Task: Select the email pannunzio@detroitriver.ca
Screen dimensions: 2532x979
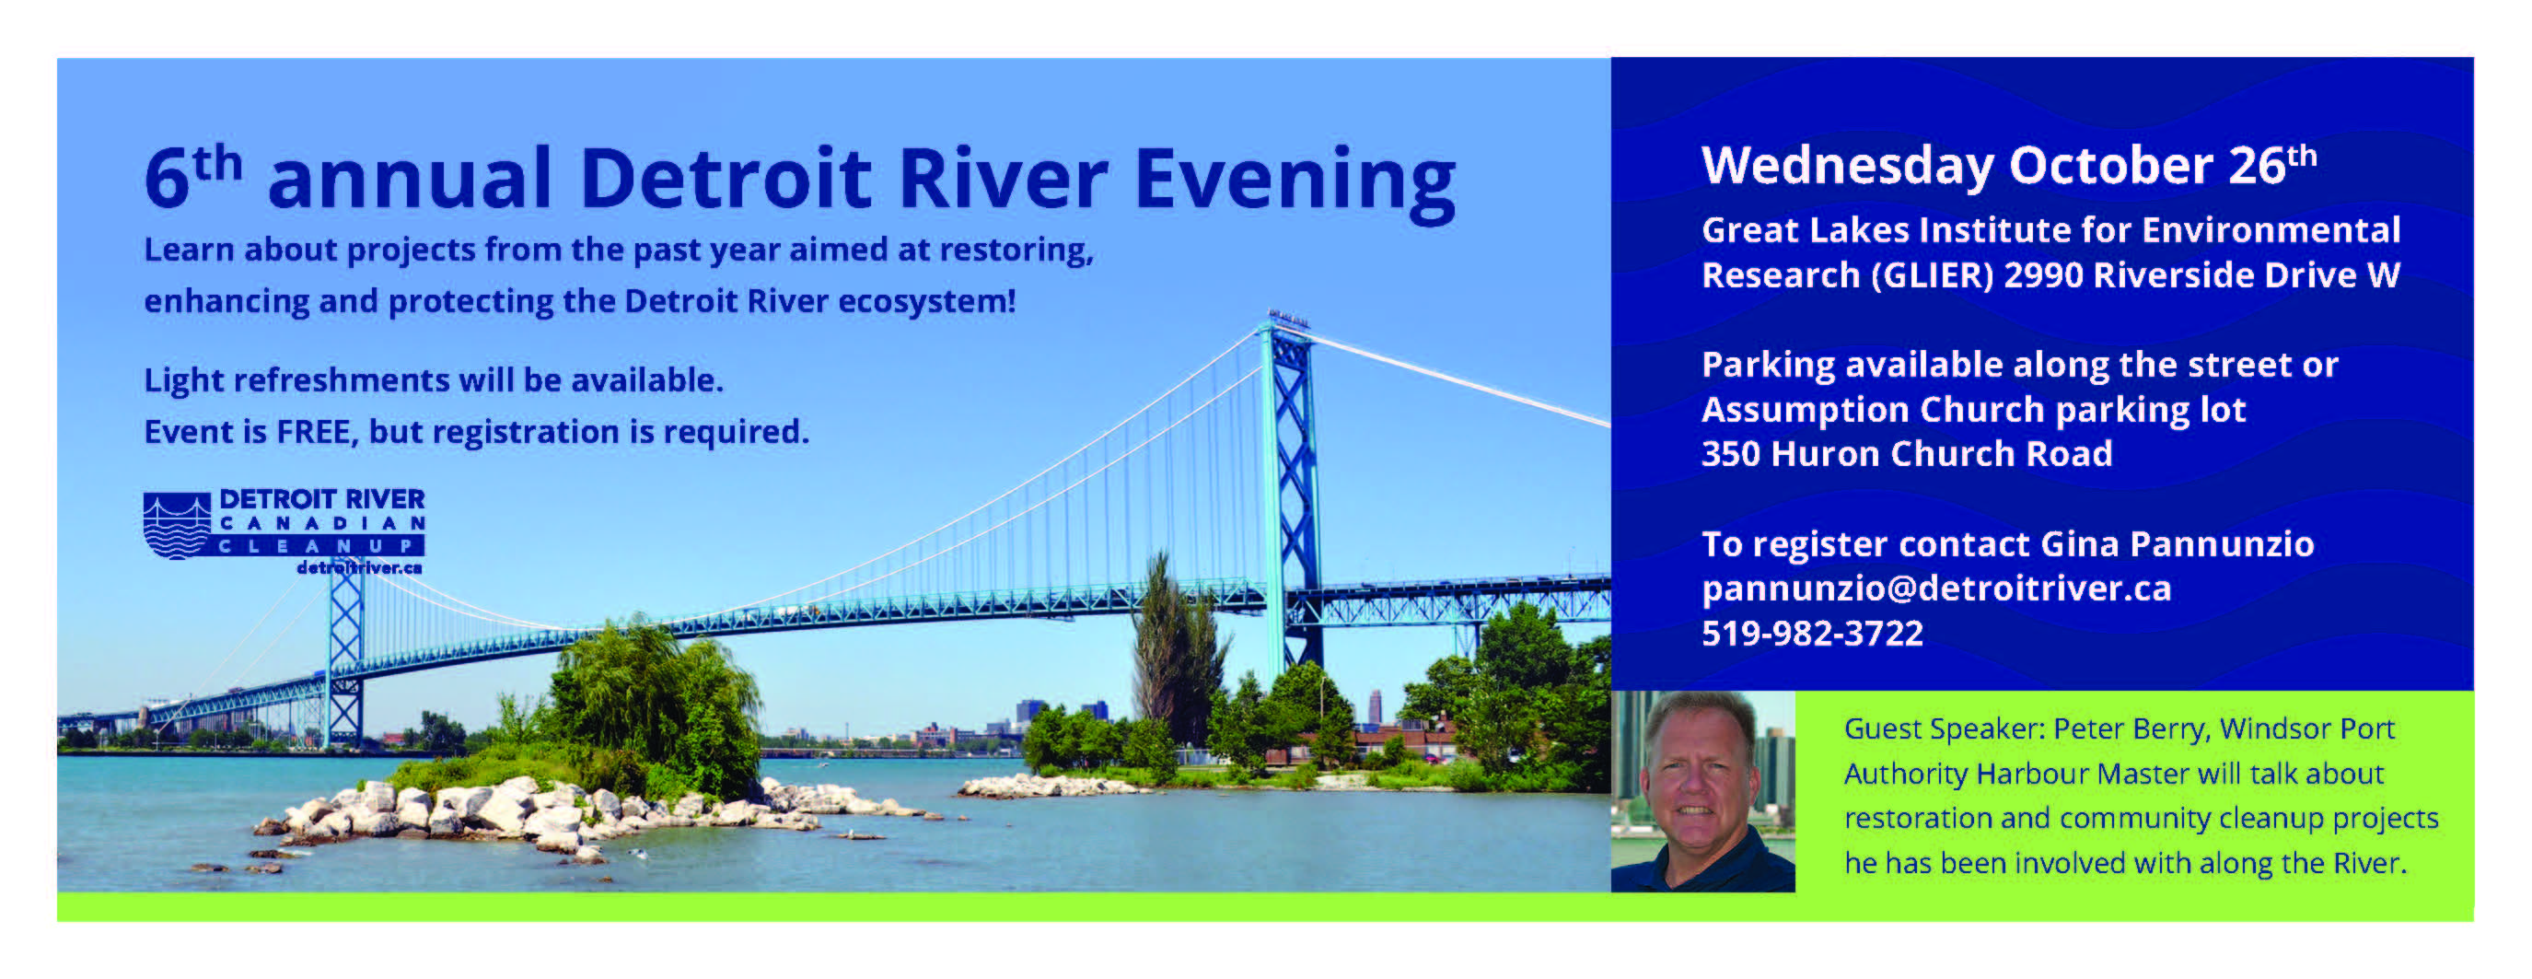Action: point(1936,589)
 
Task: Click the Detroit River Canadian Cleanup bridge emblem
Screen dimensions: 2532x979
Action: point(177,525)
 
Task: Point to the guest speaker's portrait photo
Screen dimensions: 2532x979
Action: point(1702,791)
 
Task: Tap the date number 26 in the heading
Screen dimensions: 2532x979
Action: point(2257,165)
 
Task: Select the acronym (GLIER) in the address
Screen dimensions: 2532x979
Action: point(1932,275)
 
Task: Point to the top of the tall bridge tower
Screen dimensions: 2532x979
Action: point(1287,317)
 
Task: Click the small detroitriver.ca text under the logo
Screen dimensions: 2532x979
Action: point(359,568)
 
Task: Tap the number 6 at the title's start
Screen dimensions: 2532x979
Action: point(167,178)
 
